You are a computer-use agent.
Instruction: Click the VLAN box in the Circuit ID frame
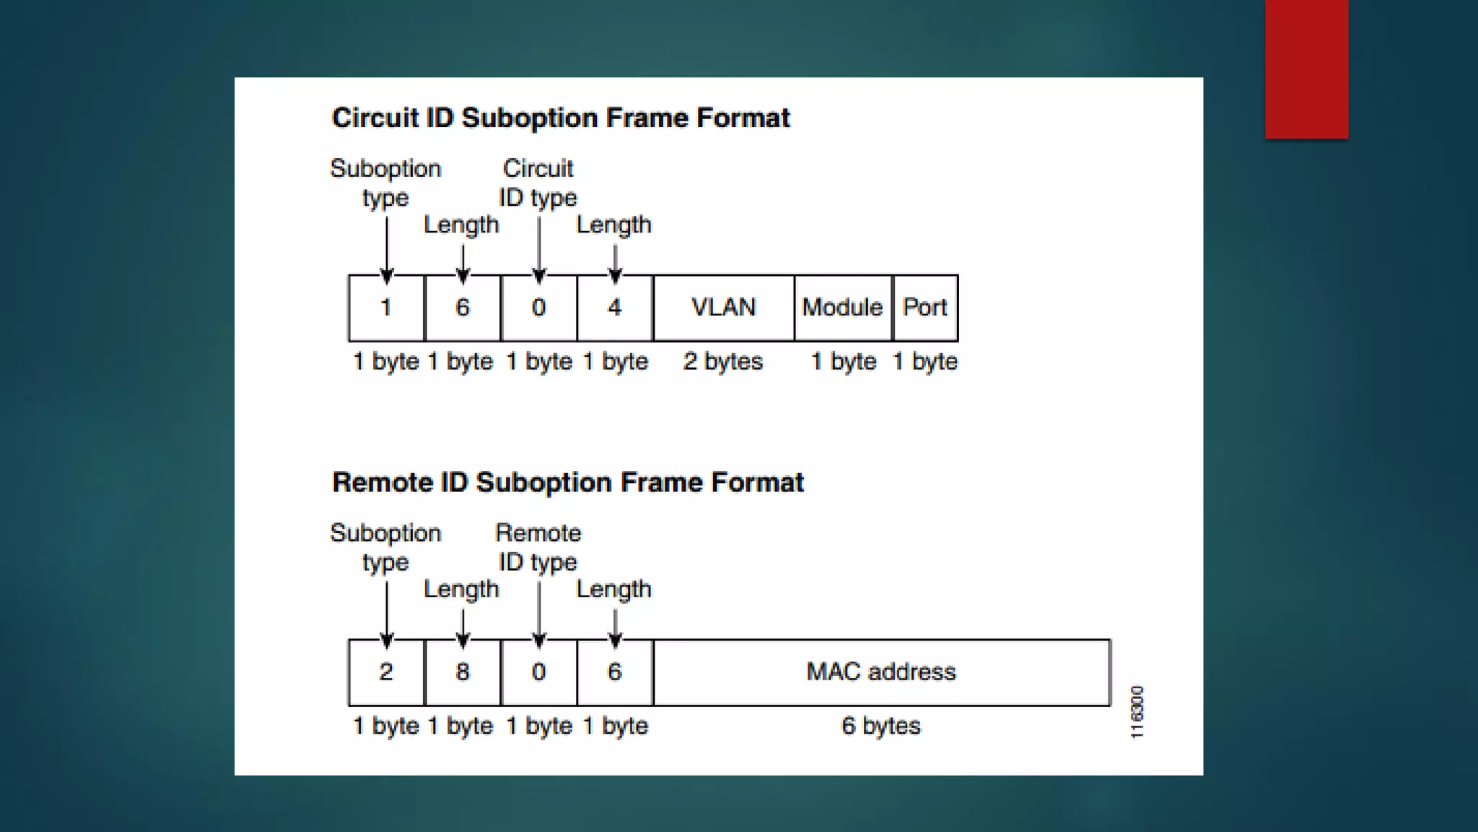pyautogui.click(x=723, y=308)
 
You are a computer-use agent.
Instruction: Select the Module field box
pyautogui.click(x=842, y=308)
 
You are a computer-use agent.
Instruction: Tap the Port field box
pyautogui.click(x=925, y=308)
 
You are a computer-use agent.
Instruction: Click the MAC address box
pyautogui.click(x=881, y=672)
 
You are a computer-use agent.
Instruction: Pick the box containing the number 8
pyautogui.click(x=463, y=672)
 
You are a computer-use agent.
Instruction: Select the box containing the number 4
pyautogui.click(x=615, y=308)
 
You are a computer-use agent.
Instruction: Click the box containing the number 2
pyautogui.click(x=386, y=672)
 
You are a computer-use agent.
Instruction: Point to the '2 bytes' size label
pyautogui.click(x=723, y=361)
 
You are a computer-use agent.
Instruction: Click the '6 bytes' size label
pyautogui.click(x=881, y=726)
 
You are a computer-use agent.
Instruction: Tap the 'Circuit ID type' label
pyautogui.click(x=538, y=183)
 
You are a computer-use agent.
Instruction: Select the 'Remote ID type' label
pyautogui.click(x=538, y=547)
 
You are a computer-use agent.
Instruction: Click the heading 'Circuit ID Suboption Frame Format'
pyautogui.click(x=561, y=118)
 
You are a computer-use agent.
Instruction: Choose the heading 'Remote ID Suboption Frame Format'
pyautogui.click(x=568, y=482)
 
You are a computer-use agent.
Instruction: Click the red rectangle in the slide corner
pyautogui.click(x=1306, y=69)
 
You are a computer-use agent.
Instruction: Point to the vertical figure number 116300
pyautogui.click(x=1137, y=712)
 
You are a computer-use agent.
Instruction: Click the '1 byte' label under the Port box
pyautogui.click(x=925, y=361)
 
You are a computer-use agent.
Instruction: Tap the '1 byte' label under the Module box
pyautogui.click(x=844, y=361)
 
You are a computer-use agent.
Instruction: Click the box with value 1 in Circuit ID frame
pyautogui.click(x=386, y=308)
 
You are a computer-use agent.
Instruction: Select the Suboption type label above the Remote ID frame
pyautogui.click(x=385, y=547)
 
